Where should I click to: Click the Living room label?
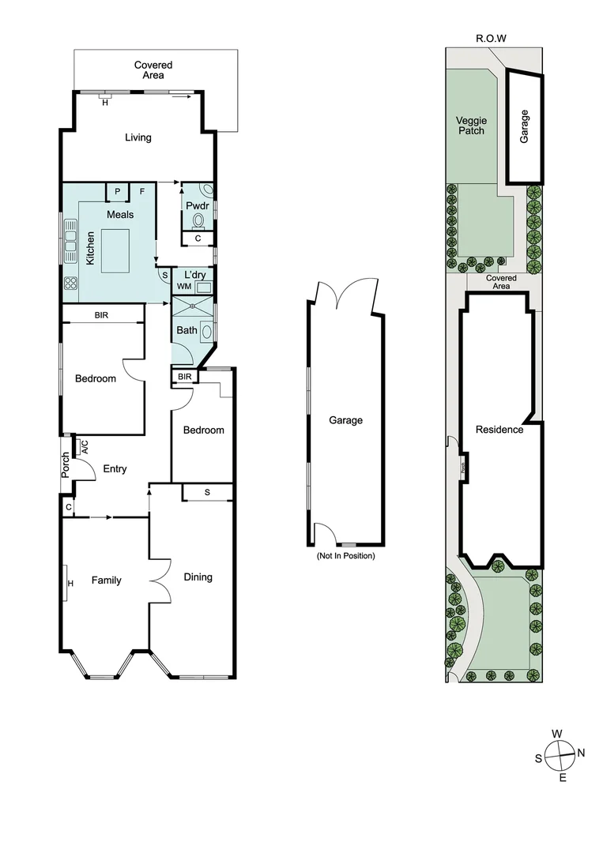pyautogui.click(x=138, y=137)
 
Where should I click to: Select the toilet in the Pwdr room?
pyautogui.click(x=199, y=220)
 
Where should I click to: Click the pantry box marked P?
pyautogui.click(x=118, y=191)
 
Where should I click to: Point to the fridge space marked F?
pyautogui.click(x=142, y=191)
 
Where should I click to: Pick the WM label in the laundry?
pyautogui.click(x=184, y=286)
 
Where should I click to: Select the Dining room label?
pyautogui.click(x=198, y=577)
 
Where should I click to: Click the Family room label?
pyautogui.click(x=106, y=581)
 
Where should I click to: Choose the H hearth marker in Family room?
pyautogui.click(x=70, y=584)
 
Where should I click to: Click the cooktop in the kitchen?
pyautogui.click(x=71, y=283)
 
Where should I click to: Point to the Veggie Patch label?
pyautogui.click(x=471, y=126)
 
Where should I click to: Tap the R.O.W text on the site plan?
pyautogui.click(x=491, y=38)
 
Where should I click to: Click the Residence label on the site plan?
pyautogui.click(x=499, y=430)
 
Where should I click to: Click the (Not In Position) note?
pyautogui.click(x=345, y=556)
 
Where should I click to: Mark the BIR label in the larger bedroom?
pyautogui.click(x=101, y=315)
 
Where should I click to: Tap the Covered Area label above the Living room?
pyautogui.click(x=153, y=70)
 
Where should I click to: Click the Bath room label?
pyautogui.click(x=187, y=330)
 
